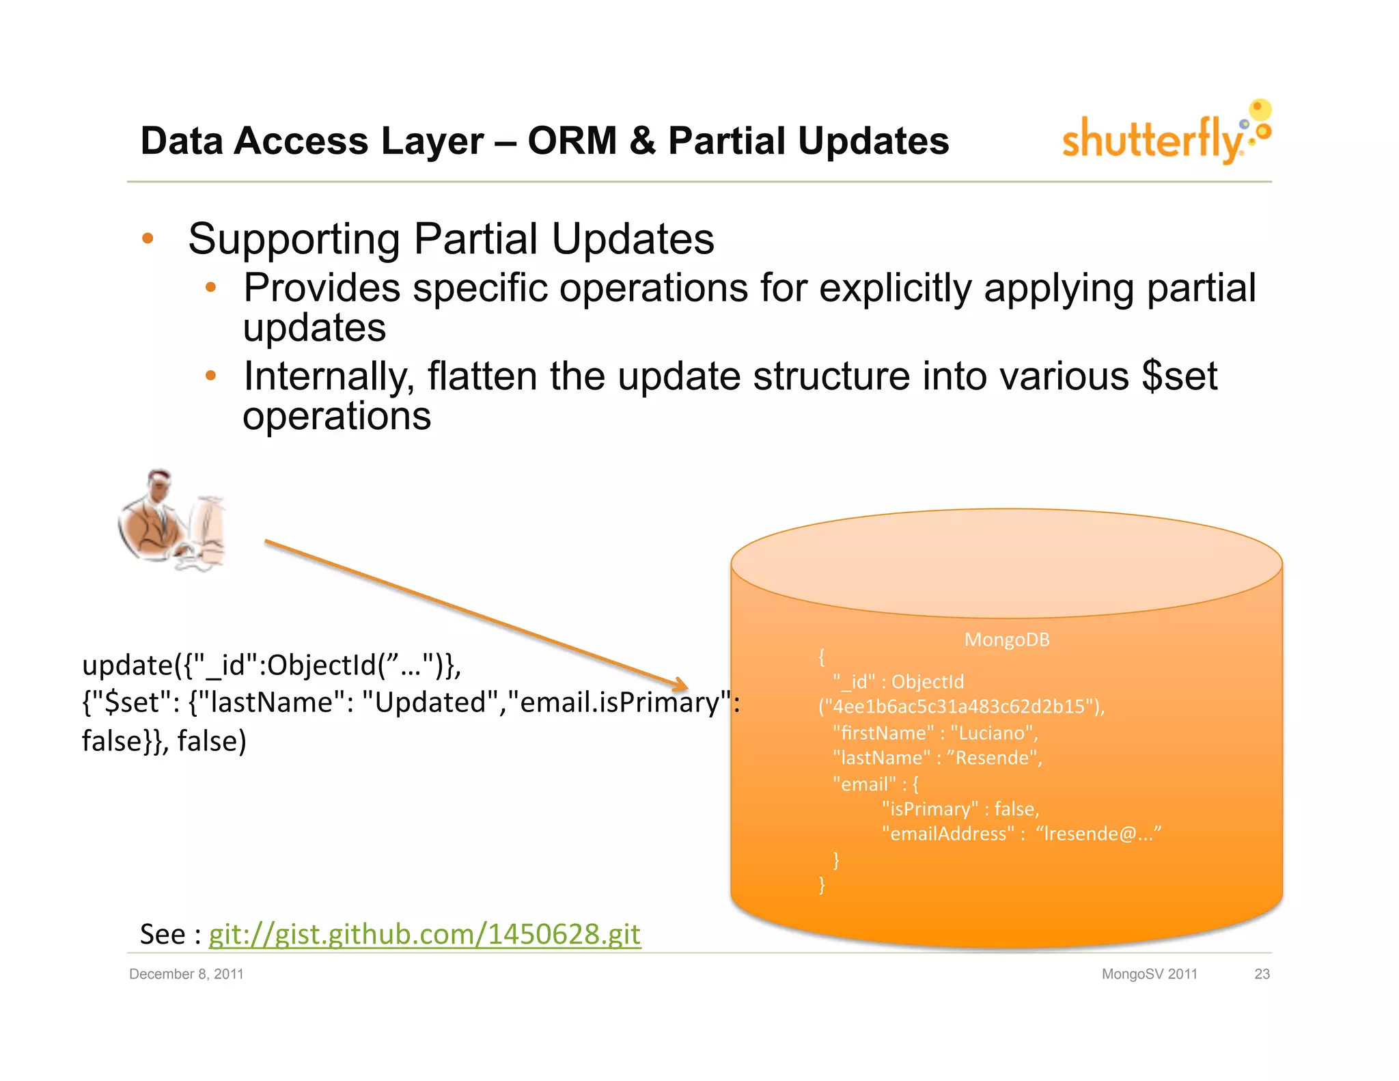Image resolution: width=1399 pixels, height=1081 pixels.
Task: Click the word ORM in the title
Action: (572, 141)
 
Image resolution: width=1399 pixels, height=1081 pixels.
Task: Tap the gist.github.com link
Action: (424, 934)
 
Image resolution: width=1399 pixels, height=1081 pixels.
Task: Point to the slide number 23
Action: (1261, 974)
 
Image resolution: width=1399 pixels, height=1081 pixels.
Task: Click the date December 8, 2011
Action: (186, 974)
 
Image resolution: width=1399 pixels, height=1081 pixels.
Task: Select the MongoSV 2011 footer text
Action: (1149, 974)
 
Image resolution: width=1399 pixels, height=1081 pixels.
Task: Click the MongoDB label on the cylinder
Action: (1006, 640)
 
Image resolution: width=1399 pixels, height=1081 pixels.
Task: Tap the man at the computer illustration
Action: (171, 521)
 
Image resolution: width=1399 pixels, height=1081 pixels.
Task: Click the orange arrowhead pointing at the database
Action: (680, 684)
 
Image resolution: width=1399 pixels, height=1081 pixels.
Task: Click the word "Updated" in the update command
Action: (430, 703)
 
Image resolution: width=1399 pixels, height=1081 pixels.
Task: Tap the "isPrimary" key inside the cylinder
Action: (930, 809)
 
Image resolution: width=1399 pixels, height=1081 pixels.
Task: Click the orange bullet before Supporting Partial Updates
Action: (148, 238)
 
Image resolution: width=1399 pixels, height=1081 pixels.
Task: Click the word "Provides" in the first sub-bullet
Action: (321, 288)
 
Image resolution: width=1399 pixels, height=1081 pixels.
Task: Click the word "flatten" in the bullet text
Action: (482, 377)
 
